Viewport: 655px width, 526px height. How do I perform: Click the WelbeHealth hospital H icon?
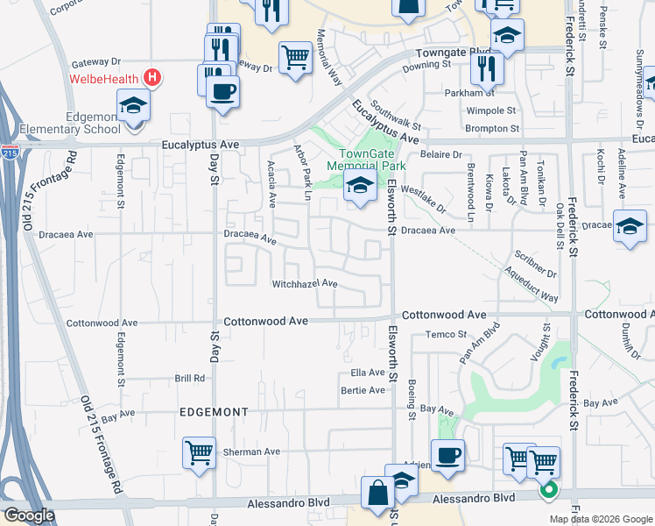click(x=153, y=78)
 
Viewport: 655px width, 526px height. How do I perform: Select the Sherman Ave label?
click(x=250, y=451)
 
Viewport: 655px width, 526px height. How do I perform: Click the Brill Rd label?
click(x=189, y=379)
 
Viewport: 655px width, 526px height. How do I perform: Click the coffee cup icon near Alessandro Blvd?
click(x=447, y=455)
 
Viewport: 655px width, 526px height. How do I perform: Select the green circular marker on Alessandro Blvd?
click(x=549, y=491)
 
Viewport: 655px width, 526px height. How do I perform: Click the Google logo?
click(x=29, y=515)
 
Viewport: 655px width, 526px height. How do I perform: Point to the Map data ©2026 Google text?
click(x=600, y=519)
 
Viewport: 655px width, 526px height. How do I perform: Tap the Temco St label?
click(x=442, y=334)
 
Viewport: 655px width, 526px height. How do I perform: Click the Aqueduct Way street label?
click(x=532, y=286)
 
